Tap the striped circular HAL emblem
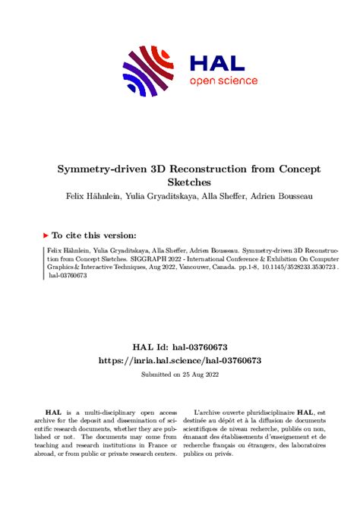152,69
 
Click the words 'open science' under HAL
223,81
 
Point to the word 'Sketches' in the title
180,182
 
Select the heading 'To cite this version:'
94,236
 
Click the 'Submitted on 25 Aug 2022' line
180,375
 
